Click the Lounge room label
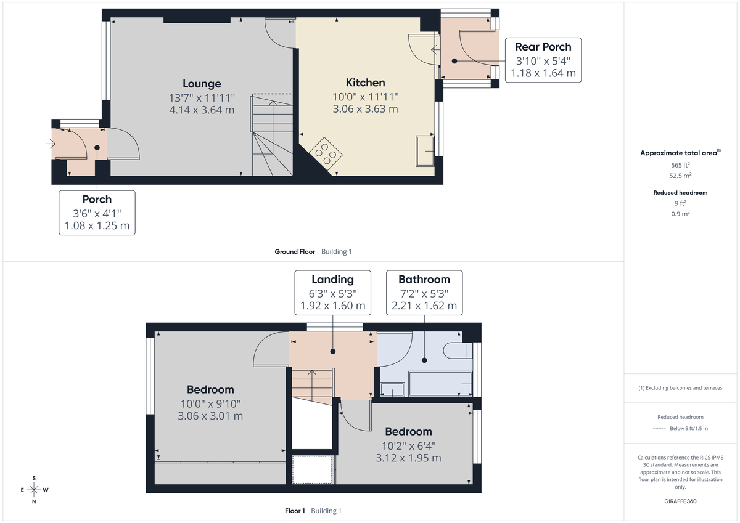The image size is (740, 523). (x=202, y=84)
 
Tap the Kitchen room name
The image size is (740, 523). (x=365, y=83)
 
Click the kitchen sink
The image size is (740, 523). (x=425, y=151)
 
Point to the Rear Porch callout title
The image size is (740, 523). (x=543, y=47)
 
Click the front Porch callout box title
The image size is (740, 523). (x=97, y=199)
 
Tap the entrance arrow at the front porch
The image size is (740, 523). (x=50, y=144)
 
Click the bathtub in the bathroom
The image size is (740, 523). (x=440, y=384)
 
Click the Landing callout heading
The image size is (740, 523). (x=332, y=279)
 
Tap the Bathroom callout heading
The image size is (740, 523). (x=424, y=279)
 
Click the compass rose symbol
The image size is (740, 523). (x=34, y=490)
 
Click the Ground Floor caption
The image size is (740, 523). (x=295, y=251)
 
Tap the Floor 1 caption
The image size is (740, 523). (x=295, y=511)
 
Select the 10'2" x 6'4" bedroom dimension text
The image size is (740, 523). (x=408, y=445)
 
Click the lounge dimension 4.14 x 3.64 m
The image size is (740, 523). (x=202, y=110)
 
